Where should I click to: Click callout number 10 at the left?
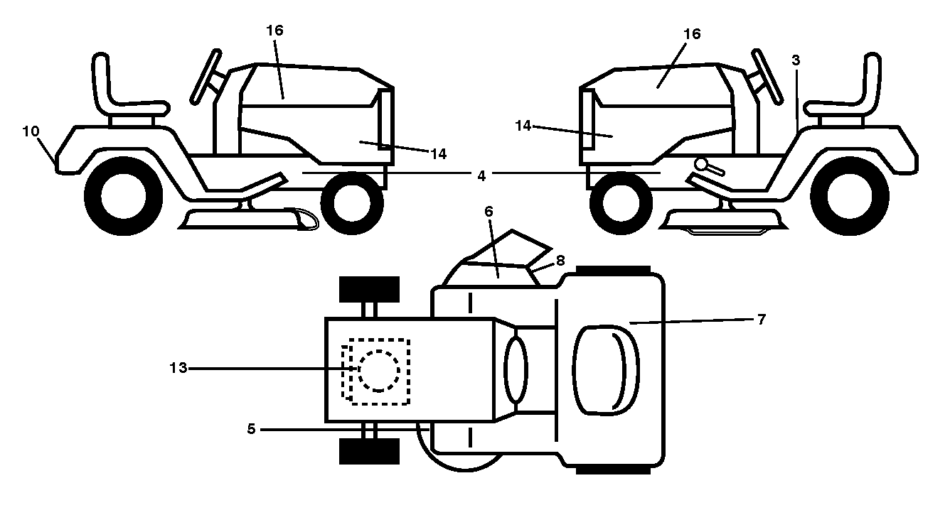[31, 131]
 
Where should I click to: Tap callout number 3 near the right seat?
[796, 60]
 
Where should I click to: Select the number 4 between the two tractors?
[481, 175]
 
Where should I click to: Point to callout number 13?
[178, 368]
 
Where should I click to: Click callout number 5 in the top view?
[251, 429]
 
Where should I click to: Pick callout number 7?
[762, 320]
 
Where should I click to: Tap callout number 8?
[560, 261]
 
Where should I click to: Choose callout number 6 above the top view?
[489, 212]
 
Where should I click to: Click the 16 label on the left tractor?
[274, 31]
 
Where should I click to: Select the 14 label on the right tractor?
[523, 126]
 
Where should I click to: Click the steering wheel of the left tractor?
[206, 77]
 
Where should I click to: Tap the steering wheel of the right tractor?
[768, 77]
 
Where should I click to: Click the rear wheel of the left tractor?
[124, 196]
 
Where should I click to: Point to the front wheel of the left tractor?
[352, 203]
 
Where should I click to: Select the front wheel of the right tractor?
[621, 203]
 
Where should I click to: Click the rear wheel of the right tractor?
[850, 196]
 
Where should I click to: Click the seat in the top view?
[606, 370]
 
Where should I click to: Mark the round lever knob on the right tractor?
[701, 164]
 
